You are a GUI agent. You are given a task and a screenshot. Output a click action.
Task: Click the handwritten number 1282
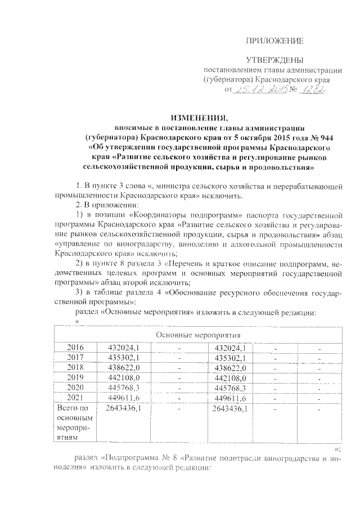point(313,89)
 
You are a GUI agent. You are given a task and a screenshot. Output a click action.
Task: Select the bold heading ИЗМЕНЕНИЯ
point(198,118)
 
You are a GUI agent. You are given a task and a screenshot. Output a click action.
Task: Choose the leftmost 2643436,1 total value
point(123,408)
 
